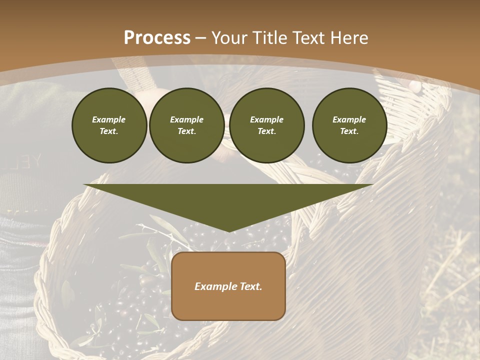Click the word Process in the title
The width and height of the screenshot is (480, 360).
157,38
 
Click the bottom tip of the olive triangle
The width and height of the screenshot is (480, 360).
229,230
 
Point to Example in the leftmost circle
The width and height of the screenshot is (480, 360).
109,119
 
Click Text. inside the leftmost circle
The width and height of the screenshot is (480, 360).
109,131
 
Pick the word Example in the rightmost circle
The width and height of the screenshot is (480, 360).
349,119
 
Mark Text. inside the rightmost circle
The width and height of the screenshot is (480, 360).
349,131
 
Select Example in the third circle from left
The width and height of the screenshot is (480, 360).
267,119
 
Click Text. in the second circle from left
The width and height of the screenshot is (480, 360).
187,131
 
